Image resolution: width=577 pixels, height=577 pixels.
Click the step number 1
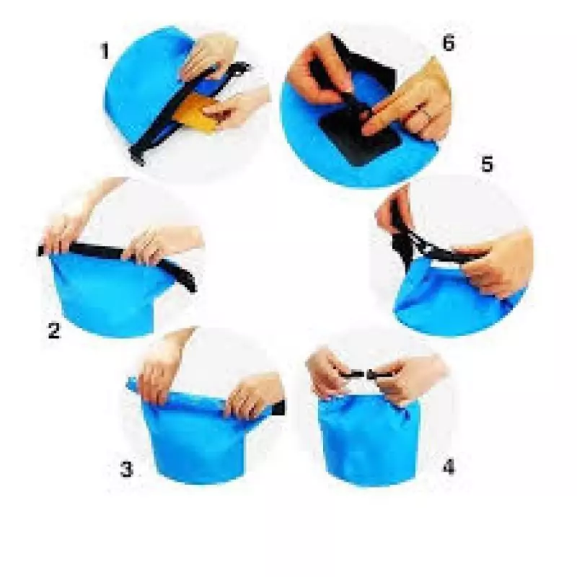click(x=105, y=51)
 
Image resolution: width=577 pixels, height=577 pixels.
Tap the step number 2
click(x=53, y=330)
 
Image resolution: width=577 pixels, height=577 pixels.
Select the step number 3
click(x=127, y=469)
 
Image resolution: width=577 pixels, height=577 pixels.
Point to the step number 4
click(x=449, y=467)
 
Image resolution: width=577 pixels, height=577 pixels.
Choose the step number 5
click(x=487, y=164)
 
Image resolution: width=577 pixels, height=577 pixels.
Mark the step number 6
click(x=449, y=43)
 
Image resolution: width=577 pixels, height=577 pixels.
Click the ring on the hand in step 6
click(x=426, y=114)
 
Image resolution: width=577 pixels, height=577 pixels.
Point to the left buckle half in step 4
click(x=351, y=374)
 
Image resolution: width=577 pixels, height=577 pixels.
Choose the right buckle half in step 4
click(x=379, y=375)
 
